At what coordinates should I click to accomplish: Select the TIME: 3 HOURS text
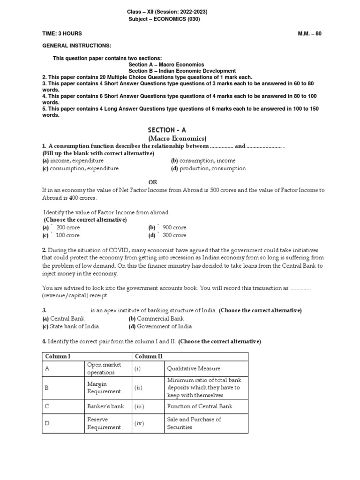coord(62,34)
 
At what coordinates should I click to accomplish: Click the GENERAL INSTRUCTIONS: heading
coord(77,46)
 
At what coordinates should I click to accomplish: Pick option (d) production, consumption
coord(208,168)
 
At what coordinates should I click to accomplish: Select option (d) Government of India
coord(160,327)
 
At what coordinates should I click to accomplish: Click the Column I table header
coord(58,357)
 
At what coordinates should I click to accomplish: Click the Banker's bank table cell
coord(105,406)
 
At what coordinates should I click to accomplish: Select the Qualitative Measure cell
coord(194,368)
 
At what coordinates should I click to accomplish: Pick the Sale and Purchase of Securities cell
coord(194,423)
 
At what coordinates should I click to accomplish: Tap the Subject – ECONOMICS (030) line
coord(167,19)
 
